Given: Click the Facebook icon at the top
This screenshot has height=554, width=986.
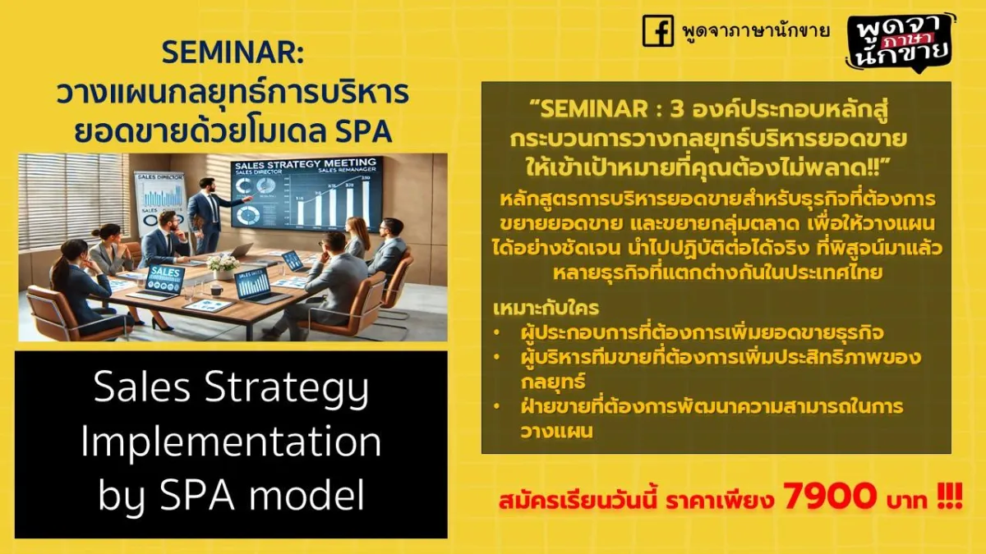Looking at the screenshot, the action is (658, 31).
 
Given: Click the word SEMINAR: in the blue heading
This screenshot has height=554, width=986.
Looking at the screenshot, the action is (233, 53).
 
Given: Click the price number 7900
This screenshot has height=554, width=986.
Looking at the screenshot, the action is (830, 496).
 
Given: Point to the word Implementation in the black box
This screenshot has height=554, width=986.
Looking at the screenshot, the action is (231, 442).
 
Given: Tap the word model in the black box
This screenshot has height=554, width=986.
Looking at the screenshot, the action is (306, 495).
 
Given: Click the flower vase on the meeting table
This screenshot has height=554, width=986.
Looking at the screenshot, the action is (223, 266).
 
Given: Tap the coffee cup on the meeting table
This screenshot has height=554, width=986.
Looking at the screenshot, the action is (216, 291).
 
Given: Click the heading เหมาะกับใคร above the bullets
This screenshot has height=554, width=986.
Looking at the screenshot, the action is (546, 308).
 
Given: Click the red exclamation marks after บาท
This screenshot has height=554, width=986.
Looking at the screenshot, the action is (950, 497).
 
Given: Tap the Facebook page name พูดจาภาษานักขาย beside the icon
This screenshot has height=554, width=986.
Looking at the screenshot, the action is (756, 31).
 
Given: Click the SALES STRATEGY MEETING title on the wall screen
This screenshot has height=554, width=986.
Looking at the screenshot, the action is (306, 163).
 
